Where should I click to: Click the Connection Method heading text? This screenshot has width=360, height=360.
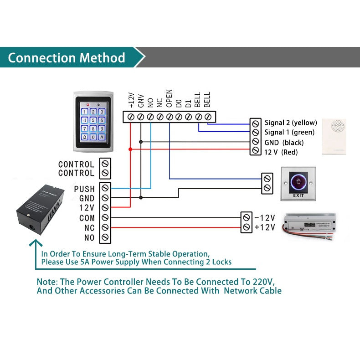pos(67,58)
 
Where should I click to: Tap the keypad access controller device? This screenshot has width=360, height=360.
pos(93,122)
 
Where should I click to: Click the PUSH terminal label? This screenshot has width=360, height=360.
pos(84,189)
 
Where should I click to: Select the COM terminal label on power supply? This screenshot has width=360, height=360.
pos(87,218)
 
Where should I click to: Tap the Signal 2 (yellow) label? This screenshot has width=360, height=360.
pos(291,123)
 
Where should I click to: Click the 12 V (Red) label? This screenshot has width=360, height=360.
pos(281,152)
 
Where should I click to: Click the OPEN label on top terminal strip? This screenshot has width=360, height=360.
pos(169,98)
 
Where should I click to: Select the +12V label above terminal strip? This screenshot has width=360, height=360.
pos(131,100)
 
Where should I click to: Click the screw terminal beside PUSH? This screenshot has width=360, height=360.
pos(105,188)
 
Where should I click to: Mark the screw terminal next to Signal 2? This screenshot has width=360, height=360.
pos(256,123)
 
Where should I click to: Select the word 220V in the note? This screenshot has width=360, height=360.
pos(264,281)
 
